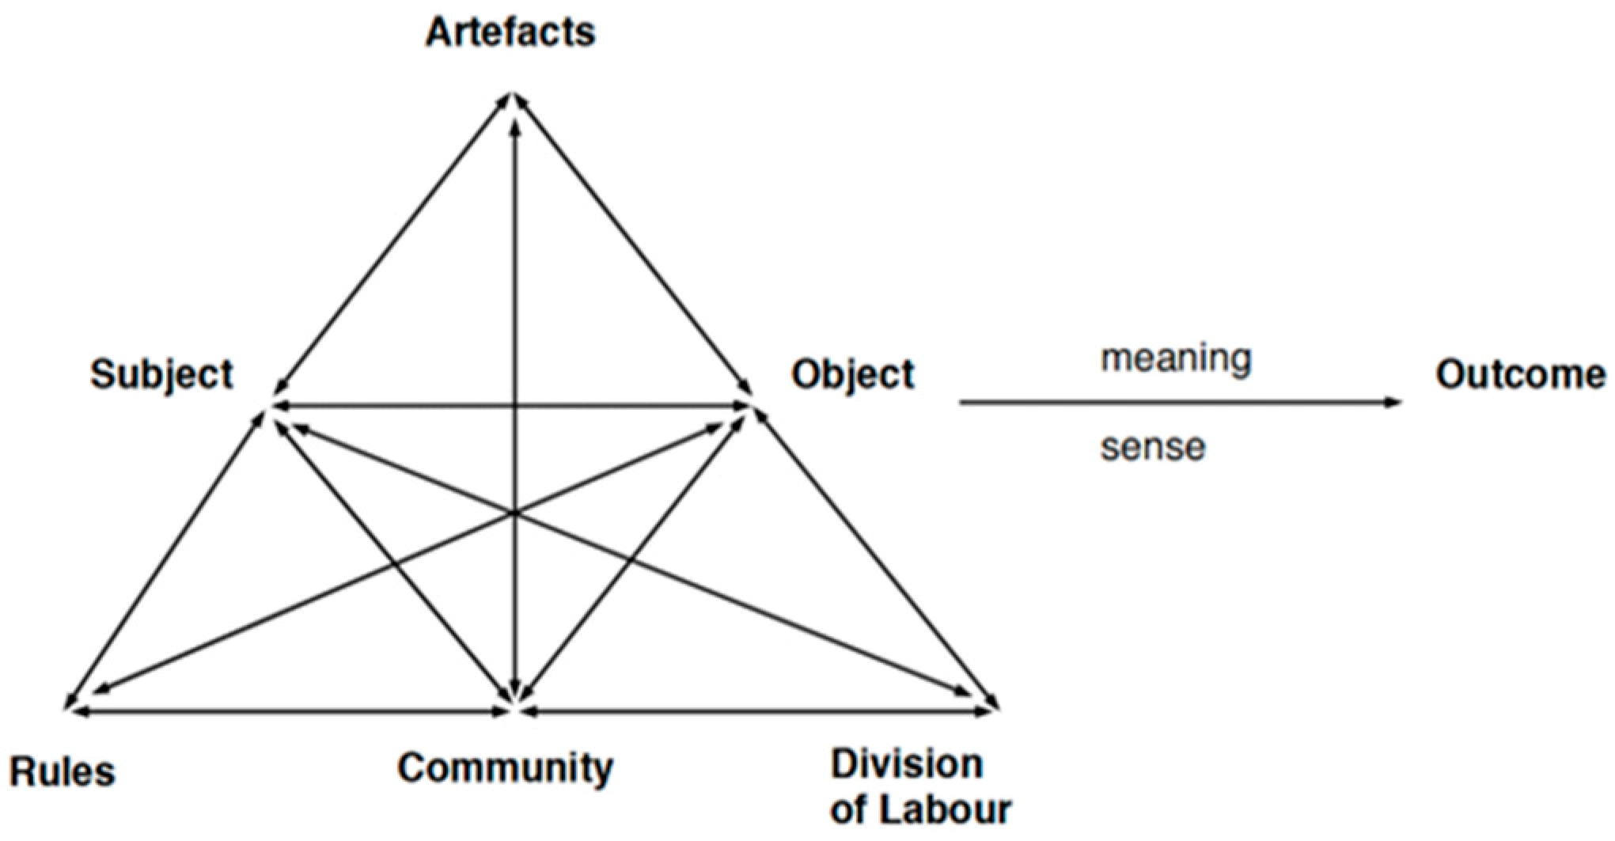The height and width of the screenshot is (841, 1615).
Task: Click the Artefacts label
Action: click(x=510, y=32)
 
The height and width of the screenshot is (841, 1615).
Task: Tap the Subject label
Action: click(x=161, y=374)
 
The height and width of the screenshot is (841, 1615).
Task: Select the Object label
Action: click(x=853, y=374)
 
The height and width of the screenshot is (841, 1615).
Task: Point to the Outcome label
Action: click(x=1520, y=374)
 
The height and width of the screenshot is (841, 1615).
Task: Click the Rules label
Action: click(x=62, y=771)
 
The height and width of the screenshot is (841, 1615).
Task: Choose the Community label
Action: click(x=505, y=768)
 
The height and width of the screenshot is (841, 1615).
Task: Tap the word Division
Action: click(x=907, y=764)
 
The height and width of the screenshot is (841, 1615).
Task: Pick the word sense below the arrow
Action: click(x=1153, y=447)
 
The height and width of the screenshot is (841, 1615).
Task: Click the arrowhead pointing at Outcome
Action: click(x=1393, y=403)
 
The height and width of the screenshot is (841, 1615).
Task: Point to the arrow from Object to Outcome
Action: click(x=1181, y=403)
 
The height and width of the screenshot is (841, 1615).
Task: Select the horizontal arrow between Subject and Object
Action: click(x=510, y=406)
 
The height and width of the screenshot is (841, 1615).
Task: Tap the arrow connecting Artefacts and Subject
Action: click(x=392, y=244)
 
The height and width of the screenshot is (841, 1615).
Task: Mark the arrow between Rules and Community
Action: click(x=290, y=712)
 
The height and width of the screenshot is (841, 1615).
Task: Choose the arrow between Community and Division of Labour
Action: click(x=758, y=712)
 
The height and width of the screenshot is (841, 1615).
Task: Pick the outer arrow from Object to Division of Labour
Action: click(x=877, y=559)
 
